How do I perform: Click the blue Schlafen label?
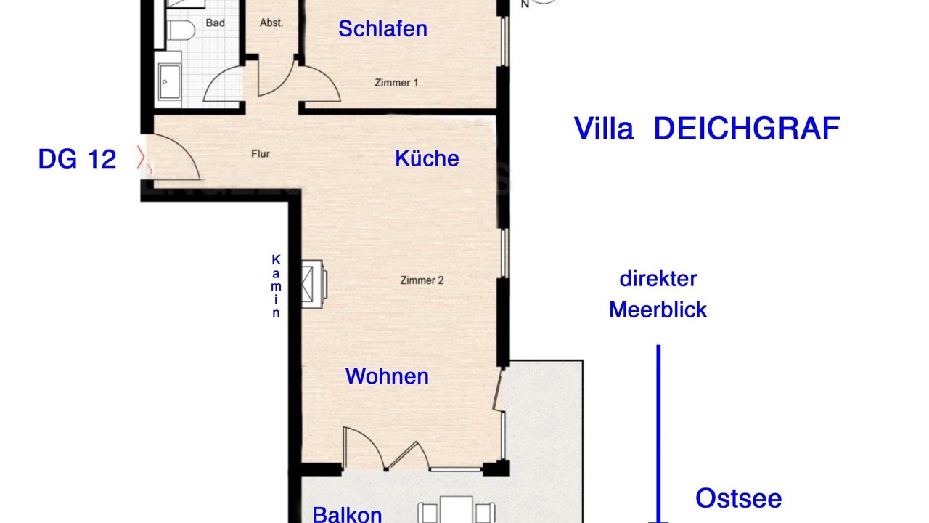click(x=382, y=29)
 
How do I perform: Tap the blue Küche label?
click(x=427, y=158)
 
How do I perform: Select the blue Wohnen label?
click(x=387, y=376)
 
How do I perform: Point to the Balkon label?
click(x=347, y=515)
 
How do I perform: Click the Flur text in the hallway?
click(x=261, y=154)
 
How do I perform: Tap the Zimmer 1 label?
click(x=396, y=83)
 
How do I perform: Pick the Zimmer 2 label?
click(x=422, y=280)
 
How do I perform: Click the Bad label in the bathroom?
click(x=216, y=23)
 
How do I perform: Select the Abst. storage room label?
click(x=271, y=23)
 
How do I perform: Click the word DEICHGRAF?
click(x=747, y=129)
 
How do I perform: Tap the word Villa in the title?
click(x=603, y=129)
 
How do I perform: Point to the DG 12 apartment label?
click(x=77, y=159)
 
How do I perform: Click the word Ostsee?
click(x=738, y=498)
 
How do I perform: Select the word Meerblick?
click(x=658, y=309)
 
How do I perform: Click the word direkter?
click(x=658, y=279)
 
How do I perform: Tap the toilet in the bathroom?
click(x=181, y=31)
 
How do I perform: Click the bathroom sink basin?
click(x=170, y=82)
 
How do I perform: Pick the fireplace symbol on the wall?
click(x=314, y=284)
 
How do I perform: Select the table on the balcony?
click(x=457, y=510)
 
